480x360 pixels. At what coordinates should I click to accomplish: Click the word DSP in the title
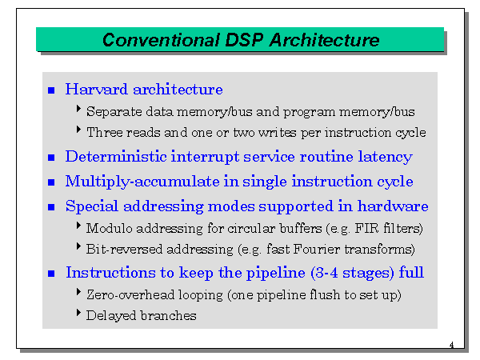point(244,40)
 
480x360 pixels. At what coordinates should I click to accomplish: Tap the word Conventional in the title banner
point(161,40)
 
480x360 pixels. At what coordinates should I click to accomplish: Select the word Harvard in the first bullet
point(97,90)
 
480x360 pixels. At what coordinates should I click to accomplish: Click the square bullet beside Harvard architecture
point(51,90)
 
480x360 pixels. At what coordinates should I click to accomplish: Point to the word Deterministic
point(116,157)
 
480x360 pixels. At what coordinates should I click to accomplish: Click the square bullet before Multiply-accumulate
point(51,182)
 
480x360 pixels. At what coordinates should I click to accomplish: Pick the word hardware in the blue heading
point(393,206)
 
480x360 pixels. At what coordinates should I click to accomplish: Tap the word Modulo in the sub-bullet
point(109,228)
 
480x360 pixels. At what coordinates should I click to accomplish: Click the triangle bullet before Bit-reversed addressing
point(78,246)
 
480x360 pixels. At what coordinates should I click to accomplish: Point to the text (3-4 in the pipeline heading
point(325,273)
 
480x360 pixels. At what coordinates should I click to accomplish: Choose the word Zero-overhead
point(130,294)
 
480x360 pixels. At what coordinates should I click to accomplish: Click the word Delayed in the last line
point(111,316)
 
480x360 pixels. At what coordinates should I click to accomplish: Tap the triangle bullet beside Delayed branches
point(78,313)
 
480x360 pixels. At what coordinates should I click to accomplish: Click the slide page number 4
point(451,345)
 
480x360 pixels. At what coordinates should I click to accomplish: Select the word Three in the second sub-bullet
point(105,133)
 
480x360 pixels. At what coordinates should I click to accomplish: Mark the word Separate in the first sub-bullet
point(114,112)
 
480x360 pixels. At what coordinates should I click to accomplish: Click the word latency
point(386,157)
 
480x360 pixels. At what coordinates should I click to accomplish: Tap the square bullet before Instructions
point(51,274)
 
